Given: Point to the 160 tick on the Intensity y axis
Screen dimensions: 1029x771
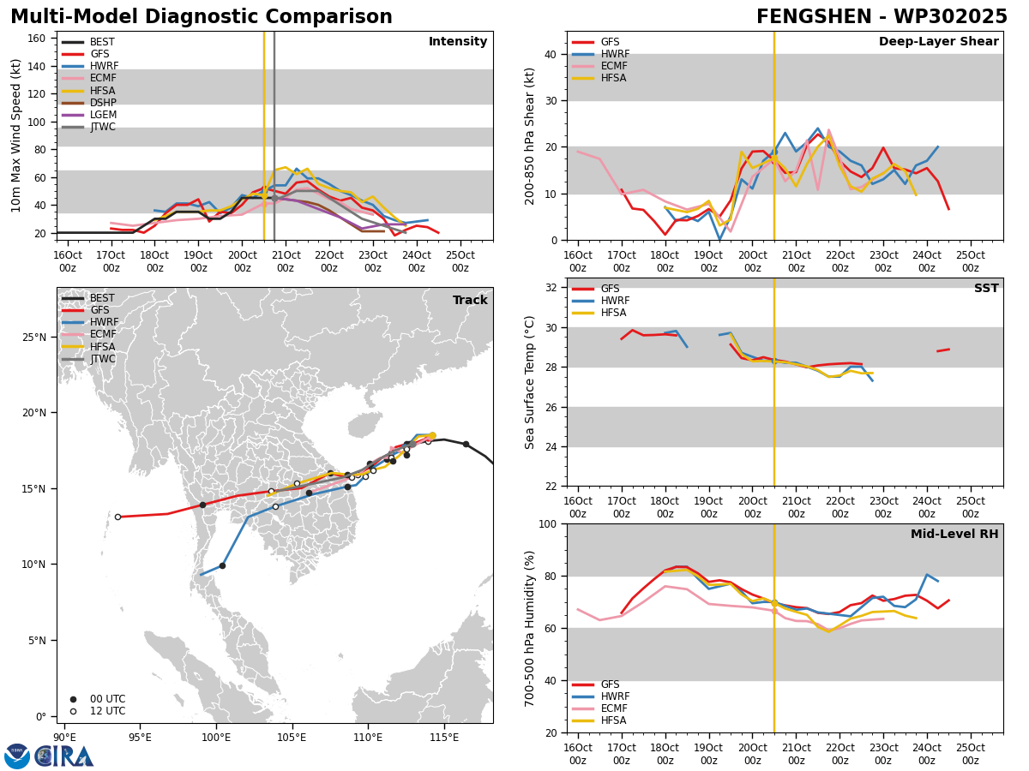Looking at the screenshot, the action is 36,39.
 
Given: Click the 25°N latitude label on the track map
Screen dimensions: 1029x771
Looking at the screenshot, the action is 34,337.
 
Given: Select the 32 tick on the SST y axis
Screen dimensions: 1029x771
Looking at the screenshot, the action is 551,288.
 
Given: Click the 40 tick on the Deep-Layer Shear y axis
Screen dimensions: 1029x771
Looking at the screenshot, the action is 551,54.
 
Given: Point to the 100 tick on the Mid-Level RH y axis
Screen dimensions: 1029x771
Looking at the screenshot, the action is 548,523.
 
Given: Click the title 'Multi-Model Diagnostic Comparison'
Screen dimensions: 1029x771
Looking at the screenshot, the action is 202,17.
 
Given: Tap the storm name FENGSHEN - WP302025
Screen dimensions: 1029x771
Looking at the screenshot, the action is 882,17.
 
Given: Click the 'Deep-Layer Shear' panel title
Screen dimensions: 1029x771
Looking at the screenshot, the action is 938,41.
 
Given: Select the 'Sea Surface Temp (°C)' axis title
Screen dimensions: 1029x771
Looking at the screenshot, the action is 529,382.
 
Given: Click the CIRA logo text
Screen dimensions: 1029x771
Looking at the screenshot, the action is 63,756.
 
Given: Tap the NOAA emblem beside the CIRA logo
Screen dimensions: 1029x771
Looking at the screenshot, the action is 17,756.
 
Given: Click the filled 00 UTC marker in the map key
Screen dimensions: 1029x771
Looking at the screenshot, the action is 73,699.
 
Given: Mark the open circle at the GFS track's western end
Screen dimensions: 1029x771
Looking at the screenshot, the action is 117,517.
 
